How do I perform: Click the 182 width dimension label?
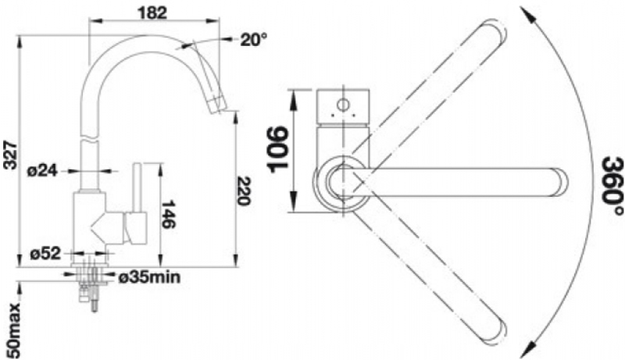[x=152, y=12]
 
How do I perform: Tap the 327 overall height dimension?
[x=10, y=155]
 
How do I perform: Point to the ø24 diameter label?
[x=43, y=171]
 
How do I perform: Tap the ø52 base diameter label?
[x=45, y=254]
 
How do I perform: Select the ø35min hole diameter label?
[x=149, y=277]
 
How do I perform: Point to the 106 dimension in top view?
[x=278, y=150]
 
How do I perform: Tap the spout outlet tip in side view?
[x=216, y=105]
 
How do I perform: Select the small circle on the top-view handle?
[x=343, y=105]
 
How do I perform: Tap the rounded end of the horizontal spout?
[x=560, y=183]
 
